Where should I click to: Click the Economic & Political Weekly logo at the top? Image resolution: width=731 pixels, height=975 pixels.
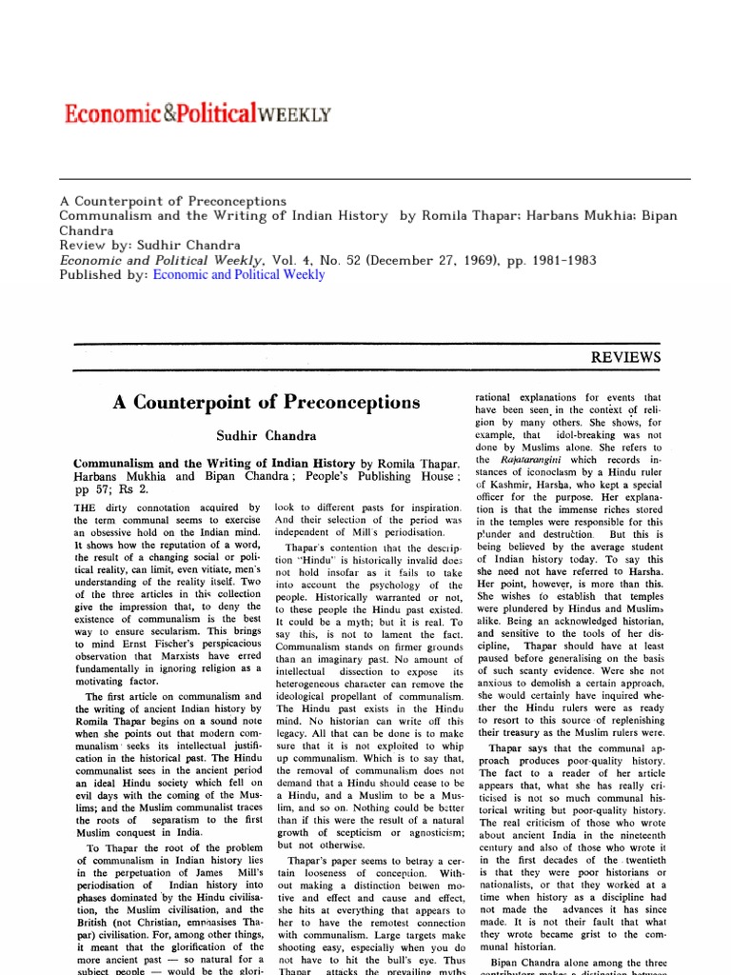(x=197, y=114)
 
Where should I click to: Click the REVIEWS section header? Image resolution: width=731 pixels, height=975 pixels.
(x=625, y=357)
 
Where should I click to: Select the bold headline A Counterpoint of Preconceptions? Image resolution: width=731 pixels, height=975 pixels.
(x=266, y=403)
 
